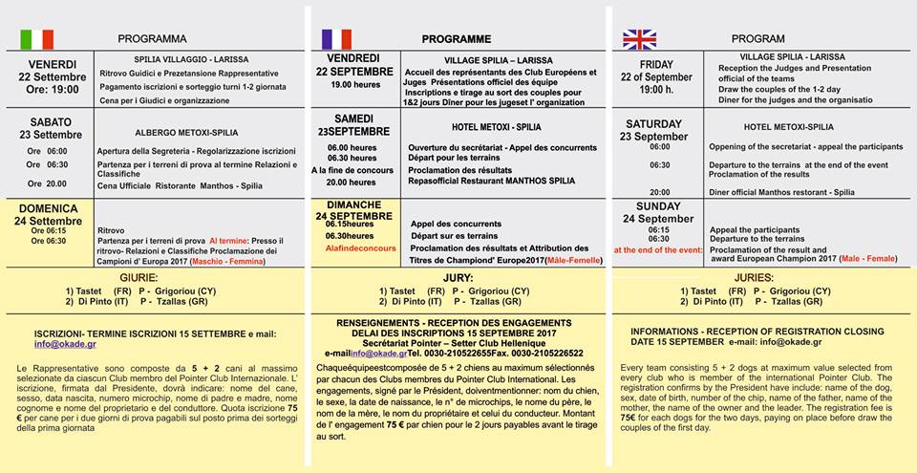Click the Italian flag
pyautogui.click(x=37, y=39)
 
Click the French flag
pyautogui.click(x=337, y=39)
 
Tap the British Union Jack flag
pyautogui.click(x=639, y=39)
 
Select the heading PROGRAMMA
pyautogui.click(x=153, y=39)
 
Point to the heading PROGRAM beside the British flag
pyautogui.click(x=757, y=39)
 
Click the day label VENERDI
pyautogui.click(x=52, y=64)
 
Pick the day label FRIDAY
pyautogui.click(x=656, y=65)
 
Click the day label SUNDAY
pyautogui.click(x=659, y=206)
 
